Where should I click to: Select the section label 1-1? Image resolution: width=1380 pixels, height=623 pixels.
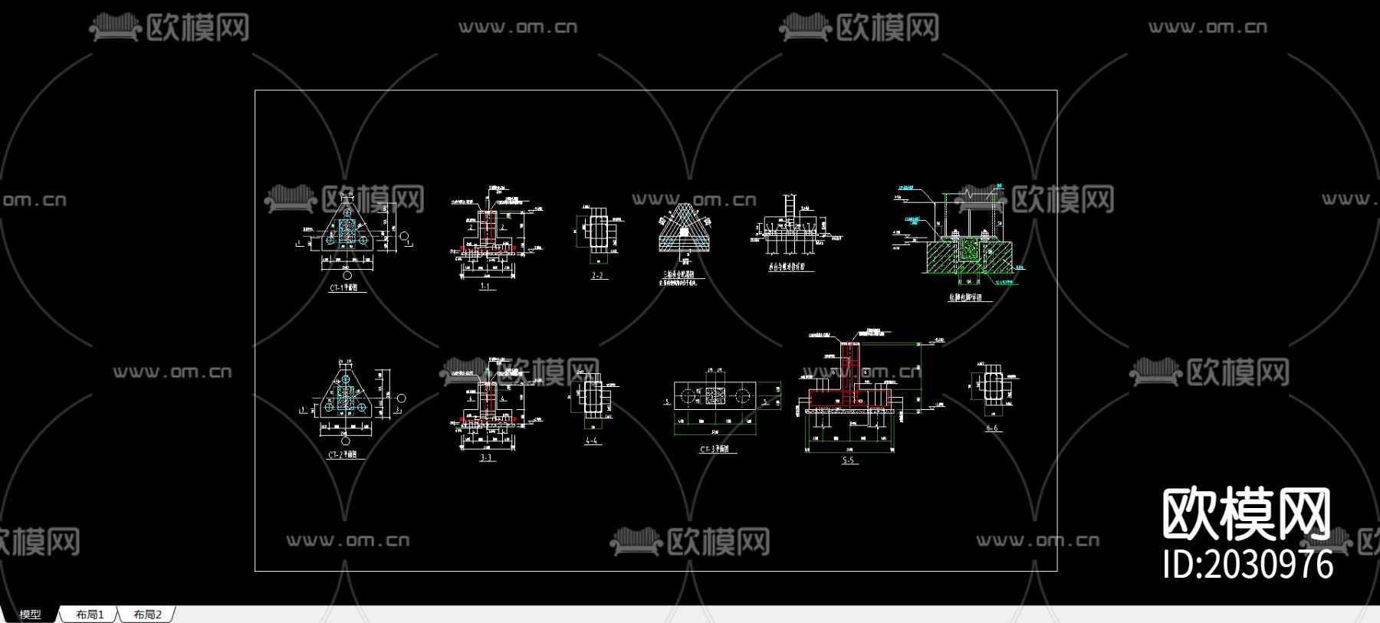pyautogui.click(x=485, y=287)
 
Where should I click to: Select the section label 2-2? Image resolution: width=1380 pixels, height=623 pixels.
pyautogui.click(x=597, y=275)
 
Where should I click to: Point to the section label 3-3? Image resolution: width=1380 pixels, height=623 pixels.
pyautogui.click(x=486, y=457)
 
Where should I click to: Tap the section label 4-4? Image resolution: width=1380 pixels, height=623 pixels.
pyautogui.click(x=591, y=441)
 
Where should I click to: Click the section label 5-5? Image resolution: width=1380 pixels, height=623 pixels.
pyautogui.click(x=848, y=460)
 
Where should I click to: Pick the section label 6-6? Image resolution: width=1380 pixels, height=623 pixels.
pyautogui.click(x=992, y=428)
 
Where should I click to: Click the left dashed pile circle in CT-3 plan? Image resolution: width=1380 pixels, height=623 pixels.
pyautogui.click(x=688, y=395)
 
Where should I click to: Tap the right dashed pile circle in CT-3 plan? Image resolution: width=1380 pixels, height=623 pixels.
pyautogui.click(x=742, y=395)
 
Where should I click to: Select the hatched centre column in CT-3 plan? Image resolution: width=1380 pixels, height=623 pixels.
pyautogui.click(x=715, y=395)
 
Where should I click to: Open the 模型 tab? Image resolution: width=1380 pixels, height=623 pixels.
pyautogui.click(x=30, y=615)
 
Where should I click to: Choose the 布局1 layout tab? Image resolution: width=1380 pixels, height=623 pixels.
pyautogui.click(x=89, y=615)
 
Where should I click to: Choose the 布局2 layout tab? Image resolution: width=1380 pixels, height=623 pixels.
pyautogui.click(x=147, y=615)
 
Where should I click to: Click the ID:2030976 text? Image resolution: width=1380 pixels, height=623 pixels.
pyautogui.click(x=1248, y=565)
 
